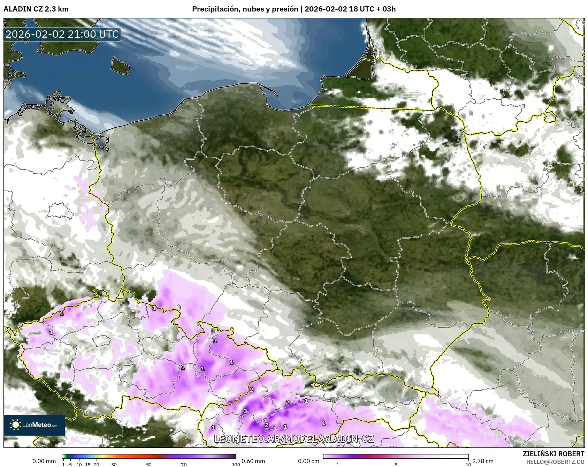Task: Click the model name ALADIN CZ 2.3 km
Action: [x=36, y=9]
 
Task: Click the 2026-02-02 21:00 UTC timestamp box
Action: [x=62, y=34]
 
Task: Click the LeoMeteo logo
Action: [x=34, y=425]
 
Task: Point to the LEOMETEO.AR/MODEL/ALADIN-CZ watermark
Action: [x=294, y=439]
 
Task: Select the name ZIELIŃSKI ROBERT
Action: [x=553, y=454]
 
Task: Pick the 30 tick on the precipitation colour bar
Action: [x=114, y=464]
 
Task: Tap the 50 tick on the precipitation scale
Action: [x=149, y=464]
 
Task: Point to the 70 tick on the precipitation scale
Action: [x=184, y=464]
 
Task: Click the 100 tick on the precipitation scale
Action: [x=236, y=464]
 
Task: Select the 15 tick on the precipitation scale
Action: [x=88, y=464]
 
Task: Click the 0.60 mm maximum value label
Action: [x=253, y=461]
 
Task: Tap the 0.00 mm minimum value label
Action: [x=44, y=461]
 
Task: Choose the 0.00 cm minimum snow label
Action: [x=309, y=461]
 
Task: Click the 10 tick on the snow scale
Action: [x=468, y=464]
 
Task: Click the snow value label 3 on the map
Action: [x=245, y=411]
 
